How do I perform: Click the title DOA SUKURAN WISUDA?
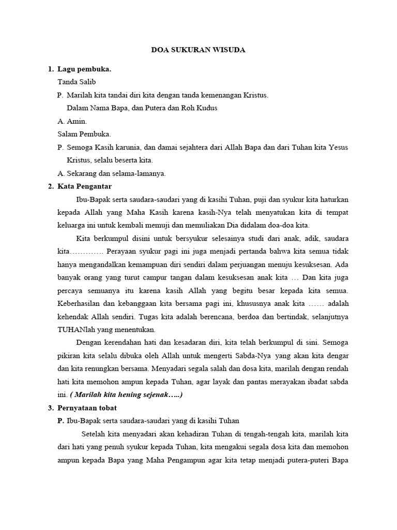tap(198, 50)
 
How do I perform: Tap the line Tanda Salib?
tap(77, 82)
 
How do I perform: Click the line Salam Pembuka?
tap(84, 134)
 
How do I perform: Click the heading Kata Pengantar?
tap(85, 186)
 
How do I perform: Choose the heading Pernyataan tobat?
tap(87, 408)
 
